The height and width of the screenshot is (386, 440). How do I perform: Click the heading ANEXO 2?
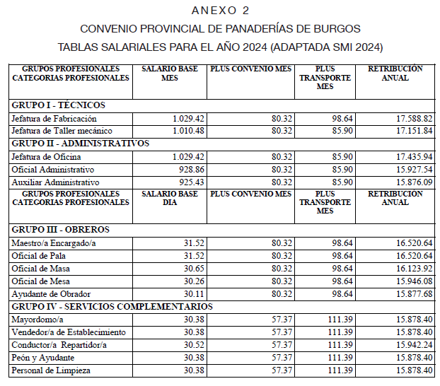pos(220,11)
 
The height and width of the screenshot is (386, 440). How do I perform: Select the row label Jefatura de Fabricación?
pos(54,118)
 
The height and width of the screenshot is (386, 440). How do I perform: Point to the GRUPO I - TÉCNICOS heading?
pos(58,105)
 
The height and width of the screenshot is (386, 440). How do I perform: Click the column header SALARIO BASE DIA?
pos(170,198)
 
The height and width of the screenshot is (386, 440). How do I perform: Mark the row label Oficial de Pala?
pos(38,255)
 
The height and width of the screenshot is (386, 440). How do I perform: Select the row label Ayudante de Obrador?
pos(50,293)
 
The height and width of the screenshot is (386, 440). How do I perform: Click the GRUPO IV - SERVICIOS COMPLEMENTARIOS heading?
pos(112,307)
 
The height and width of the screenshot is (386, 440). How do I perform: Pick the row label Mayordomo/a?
pos(37,319)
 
